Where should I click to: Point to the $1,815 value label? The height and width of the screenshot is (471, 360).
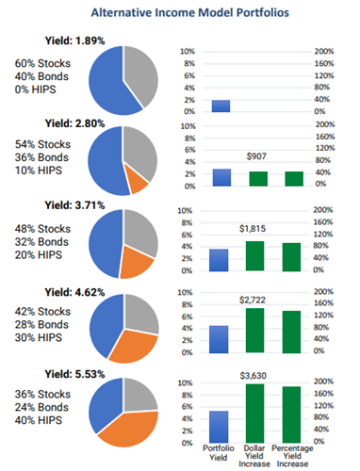253,229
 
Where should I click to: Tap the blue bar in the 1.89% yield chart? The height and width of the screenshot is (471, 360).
221,106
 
